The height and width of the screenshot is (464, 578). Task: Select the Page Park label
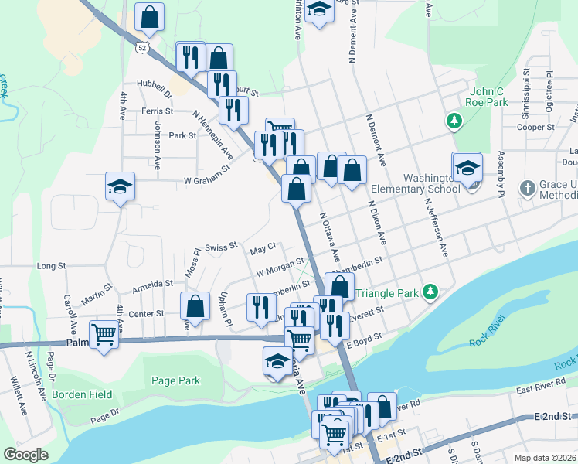pyautogui.click(x=175, y=380)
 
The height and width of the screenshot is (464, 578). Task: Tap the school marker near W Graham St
pyautogui.click(x=120, y=186)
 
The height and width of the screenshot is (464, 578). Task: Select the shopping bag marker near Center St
pyautogui.click(x=195, y=306)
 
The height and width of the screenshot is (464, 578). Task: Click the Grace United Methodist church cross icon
pyautogui.click(x=526, y=188)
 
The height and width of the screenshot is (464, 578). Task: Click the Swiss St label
pyautogui.click(x=221, y=247)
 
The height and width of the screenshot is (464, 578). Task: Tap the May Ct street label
pyautogui.click(x=263, y=249)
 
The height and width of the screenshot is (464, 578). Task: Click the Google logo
pyautogui.click(x=25, y=455)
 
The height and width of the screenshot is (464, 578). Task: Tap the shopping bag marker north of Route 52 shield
pyautogui.click(x=149, y=17)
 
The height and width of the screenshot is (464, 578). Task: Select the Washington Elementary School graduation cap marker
pyautogui.click(x=467, y=169)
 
